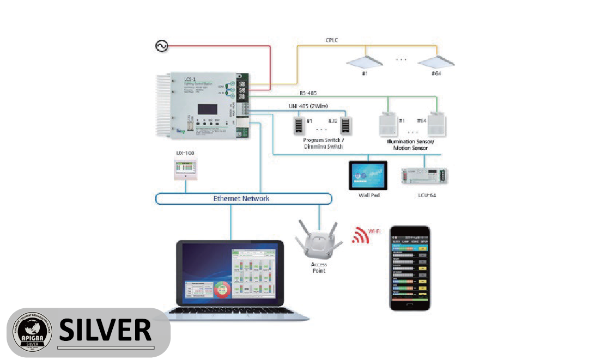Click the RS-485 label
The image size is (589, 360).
click(x=309, y=93)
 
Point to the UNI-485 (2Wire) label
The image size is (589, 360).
click(x=308, y=106)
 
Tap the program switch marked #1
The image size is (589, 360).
click(x=299, y=126)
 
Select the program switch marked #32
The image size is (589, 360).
click(x=345, y=126)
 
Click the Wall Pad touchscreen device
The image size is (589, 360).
click(x=368, y=175)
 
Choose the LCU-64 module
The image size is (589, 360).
click(x=424, y=175)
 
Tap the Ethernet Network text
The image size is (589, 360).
click(x=241, y=198)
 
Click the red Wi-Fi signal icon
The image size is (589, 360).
click(x=360, y=234)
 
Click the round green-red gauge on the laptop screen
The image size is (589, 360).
click(x=221, y=289)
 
